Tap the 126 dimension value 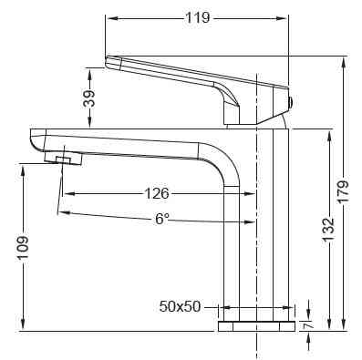(158, 193)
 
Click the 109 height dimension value (23, 249)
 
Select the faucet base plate (256, 325)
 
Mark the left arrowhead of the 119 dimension (109, 17)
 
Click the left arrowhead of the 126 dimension (66, 193)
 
